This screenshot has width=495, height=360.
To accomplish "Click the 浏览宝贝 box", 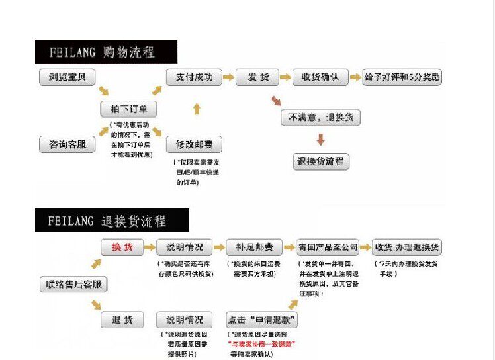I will [x=67, y=77].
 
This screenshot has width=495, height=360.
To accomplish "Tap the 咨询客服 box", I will [x=67, y=144].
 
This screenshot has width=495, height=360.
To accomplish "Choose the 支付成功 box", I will [x=193, y=77].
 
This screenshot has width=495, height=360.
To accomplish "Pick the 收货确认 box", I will [x=320, y=77].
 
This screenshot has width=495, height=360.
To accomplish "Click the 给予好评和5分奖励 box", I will [x=403, y=77].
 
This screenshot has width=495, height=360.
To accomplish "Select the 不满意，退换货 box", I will [x=321, y=118].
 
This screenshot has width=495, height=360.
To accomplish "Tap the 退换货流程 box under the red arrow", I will [x=321, y=161].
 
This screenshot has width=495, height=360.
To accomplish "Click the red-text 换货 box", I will [x=122, y=247].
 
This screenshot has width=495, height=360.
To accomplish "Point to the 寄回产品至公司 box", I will [x=328, y=247].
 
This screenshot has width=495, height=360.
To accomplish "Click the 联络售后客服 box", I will [x=73, y=285].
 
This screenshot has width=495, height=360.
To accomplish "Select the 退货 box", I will [x=122, y=320].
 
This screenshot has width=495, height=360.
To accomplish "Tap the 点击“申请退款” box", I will [x=261, y=320].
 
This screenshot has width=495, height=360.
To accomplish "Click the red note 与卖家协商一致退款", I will [x=262, y=345].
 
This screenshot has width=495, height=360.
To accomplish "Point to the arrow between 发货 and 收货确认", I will [x=285, y=77].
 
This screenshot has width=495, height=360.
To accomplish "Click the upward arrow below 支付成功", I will [x=196, y=109].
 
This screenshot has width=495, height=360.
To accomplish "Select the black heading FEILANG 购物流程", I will [x=106, y=52].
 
